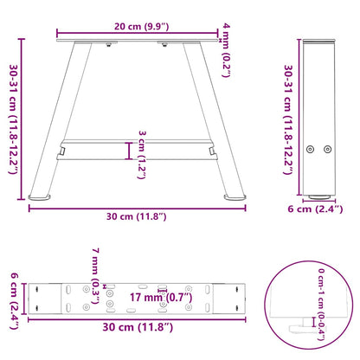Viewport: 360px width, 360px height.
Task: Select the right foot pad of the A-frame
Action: point(234,197)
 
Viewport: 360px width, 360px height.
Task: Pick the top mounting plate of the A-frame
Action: point(138,42)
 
